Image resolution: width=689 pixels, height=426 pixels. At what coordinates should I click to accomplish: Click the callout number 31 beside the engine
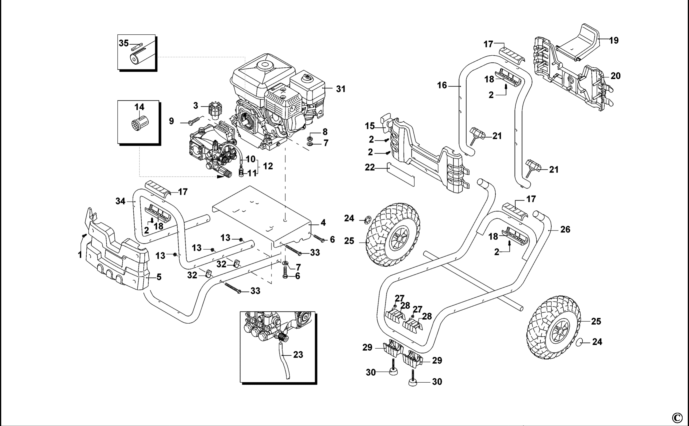click(340, 89)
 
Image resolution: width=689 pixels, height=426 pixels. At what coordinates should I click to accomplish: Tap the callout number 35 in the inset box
click(124, 43)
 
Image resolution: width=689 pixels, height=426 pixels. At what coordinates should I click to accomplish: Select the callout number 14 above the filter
click(139, 107)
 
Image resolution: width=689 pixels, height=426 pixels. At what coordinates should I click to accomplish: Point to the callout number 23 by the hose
click(298, 355)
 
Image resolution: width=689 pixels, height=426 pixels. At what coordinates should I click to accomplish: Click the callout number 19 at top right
click(614, 40)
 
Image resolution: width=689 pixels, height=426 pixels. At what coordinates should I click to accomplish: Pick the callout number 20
click(616, 76)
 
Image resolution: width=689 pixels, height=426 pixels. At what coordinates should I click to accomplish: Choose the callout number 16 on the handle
click(442, 85)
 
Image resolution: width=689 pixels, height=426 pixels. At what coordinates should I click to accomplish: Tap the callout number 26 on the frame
click(565, 230)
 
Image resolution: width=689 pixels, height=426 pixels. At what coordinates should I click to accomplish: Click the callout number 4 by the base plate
click(323, 223)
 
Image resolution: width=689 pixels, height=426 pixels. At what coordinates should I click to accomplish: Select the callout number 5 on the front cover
click(159, 277)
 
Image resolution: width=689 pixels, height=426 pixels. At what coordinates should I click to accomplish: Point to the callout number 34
click(120, 201)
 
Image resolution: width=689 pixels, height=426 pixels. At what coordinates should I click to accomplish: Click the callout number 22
click(370, 167)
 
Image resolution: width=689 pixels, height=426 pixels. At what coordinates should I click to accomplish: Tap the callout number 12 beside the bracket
click(268, 166)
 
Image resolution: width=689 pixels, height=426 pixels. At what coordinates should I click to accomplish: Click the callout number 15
click(370, 126)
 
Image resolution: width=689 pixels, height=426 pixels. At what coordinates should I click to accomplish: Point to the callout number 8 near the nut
click(325, 131)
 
